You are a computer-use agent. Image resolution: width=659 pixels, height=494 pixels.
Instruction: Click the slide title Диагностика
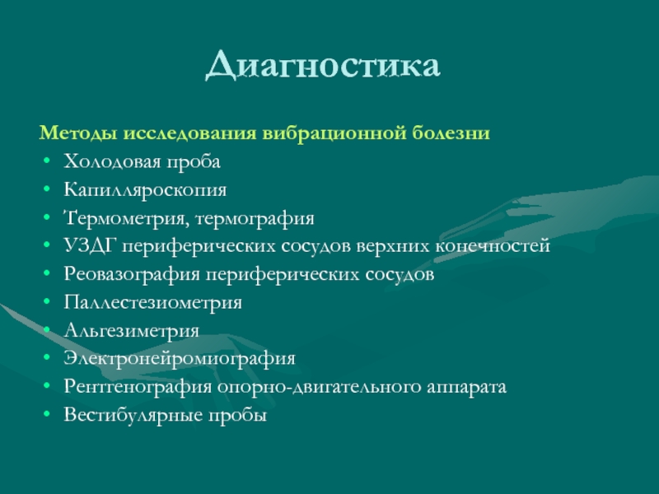323,65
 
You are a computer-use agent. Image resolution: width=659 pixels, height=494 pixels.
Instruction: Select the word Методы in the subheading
78,133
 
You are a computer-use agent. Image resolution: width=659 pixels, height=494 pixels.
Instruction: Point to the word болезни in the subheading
451,133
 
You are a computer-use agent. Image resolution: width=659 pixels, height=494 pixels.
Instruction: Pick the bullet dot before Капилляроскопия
47,189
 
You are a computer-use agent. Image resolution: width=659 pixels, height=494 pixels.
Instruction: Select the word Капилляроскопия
145,190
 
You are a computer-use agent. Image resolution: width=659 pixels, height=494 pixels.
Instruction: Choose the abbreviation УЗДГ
90,246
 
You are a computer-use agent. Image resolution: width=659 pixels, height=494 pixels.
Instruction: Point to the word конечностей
493,246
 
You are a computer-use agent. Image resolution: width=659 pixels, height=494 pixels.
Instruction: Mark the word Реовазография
132,275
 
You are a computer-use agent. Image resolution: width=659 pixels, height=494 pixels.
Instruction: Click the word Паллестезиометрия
153,303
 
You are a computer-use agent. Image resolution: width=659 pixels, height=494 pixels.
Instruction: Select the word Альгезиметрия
132,331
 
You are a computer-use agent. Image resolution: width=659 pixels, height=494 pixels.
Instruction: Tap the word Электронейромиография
180,359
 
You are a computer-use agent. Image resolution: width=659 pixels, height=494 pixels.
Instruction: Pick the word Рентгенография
138,387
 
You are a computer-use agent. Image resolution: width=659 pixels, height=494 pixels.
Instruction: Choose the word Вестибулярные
133,415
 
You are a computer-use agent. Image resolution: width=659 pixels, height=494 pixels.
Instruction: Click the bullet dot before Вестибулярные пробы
47,414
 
